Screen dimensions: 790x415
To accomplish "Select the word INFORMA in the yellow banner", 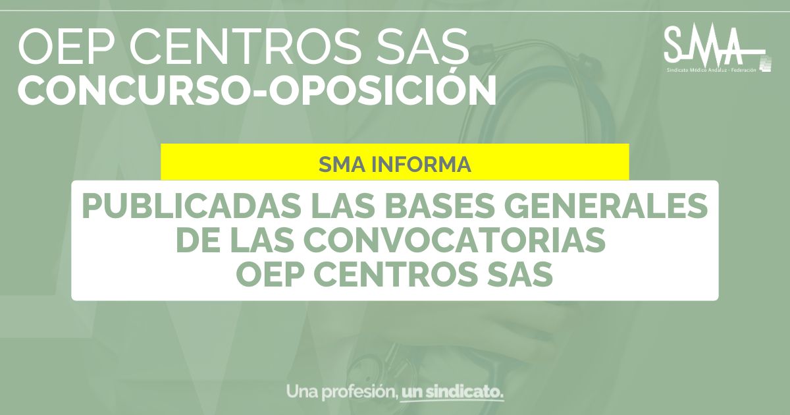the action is [421, 164].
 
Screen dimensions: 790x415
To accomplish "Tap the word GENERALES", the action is [606, 206].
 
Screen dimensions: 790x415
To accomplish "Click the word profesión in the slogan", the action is [360, 393].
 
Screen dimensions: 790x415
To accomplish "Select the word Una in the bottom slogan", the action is [302, 392].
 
